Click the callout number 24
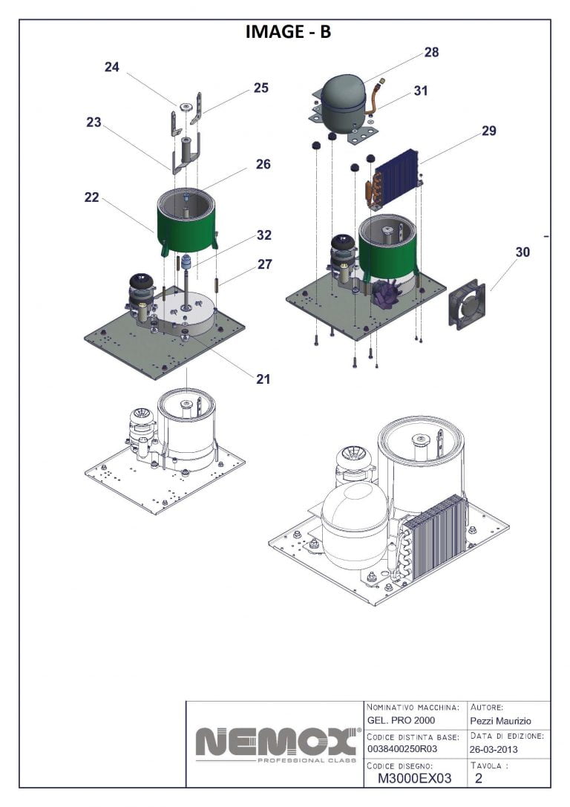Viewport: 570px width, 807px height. [111, 67]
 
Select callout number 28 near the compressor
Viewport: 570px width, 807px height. [431, 52]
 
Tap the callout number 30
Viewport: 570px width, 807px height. [522, 252]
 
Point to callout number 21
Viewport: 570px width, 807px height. [263, 379]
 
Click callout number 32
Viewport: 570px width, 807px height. [263, 235]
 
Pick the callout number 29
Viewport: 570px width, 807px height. [488, 131]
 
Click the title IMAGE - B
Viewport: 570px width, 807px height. [288, 32]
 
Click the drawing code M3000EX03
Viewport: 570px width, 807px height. [414, 778]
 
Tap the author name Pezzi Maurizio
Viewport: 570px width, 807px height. [500, 721]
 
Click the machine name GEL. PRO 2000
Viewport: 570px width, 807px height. [401, 721]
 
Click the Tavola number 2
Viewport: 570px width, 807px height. [479, 778]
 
